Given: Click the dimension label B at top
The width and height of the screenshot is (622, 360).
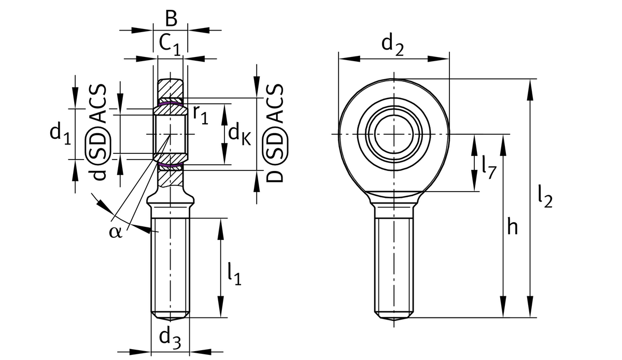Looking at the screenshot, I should click(171, 18).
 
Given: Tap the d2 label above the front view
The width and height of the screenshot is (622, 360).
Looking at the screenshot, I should click(392, 45).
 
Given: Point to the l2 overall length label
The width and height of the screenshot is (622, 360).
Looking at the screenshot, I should click(544, 197).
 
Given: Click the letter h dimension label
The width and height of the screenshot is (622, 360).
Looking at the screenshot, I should click(512, 227).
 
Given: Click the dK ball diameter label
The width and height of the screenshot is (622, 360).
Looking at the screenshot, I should click(239, 134).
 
